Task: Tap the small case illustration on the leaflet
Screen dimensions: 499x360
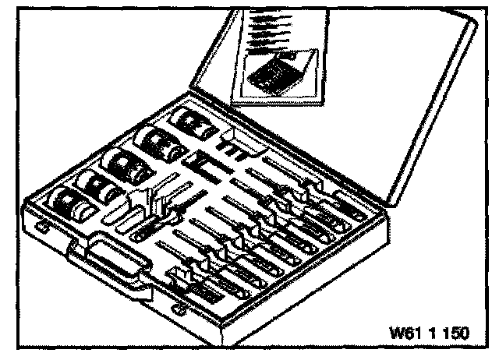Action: pyautogui.click(x=273, y=73)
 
